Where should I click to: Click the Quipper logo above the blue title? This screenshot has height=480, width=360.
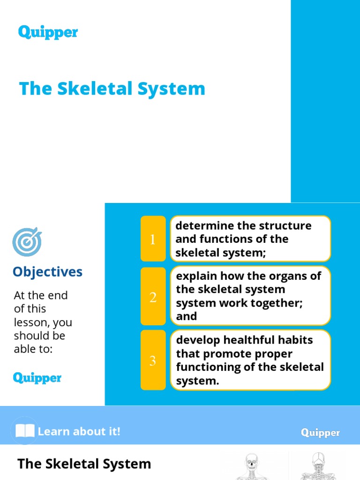(x=48, y=32)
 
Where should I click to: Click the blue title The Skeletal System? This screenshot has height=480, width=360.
(x=112, y=89)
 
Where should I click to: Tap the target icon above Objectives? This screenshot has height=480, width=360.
(x=27, y=242)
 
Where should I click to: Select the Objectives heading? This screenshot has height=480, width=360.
(x=47, y=272)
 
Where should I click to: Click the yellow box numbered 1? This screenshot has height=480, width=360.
(x=153, y=239)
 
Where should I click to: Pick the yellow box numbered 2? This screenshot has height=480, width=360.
(x=153, y=297)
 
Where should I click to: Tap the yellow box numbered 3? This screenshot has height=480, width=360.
(x=153, y=360)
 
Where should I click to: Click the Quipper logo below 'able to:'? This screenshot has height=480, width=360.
(x=37, y=377)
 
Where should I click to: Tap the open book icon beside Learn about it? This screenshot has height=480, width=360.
(x=25, y=431)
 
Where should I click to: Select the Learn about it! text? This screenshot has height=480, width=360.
(x=79, y=431)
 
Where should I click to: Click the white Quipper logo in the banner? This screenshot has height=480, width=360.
(x=320, y=433)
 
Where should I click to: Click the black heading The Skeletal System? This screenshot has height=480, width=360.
(x=84, y=464)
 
